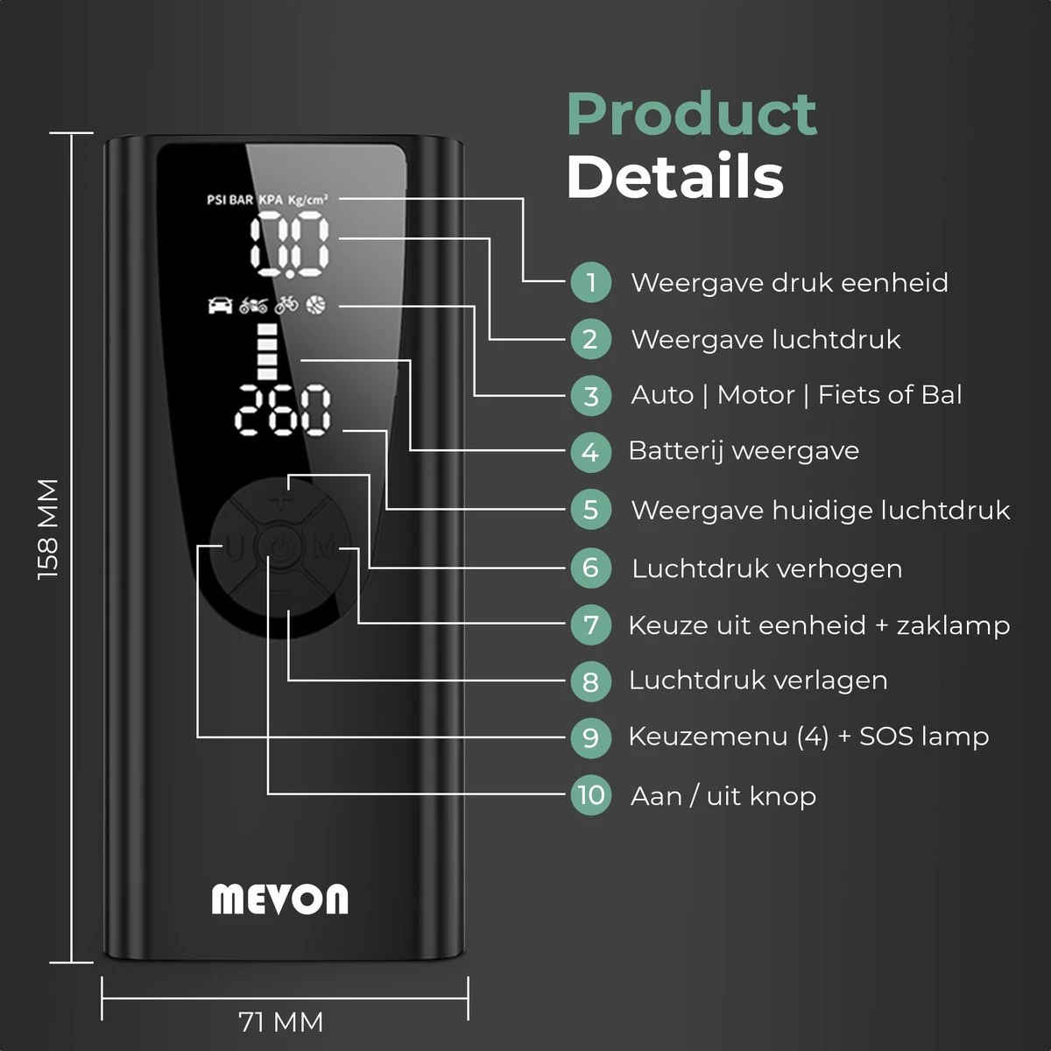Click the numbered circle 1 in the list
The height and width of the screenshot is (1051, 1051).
[x=591, y=283]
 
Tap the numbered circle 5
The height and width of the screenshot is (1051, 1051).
[x=591, y=510]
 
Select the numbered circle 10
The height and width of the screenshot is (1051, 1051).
[x=591, y=795]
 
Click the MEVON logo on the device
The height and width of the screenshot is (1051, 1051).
[x=279, y=899]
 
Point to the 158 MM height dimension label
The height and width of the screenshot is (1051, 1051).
[x=49, y=528]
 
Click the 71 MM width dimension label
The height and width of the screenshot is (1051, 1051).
[x=281, y=1021]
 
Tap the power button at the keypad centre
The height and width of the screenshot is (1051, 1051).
[x=279, y=549]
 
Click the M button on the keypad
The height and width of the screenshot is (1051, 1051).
[x=324, y=549]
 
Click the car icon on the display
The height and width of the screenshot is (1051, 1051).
[x=220, y=305]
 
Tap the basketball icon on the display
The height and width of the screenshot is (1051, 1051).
[x=315, y=305]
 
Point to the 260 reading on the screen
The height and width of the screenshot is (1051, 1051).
[x=286, y=410]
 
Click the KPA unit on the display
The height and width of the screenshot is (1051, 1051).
[x=272, y=200]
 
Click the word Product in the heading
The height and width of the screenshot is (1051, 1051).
[x=692, y=114]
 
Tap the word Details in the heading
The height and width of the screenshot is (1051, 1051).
[x=674, y=177]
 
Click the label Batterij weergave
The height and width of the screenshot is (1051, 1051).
[x=744, y=451]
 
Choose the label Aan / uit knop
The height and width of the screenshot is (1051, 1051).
[x=723, y=796]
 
